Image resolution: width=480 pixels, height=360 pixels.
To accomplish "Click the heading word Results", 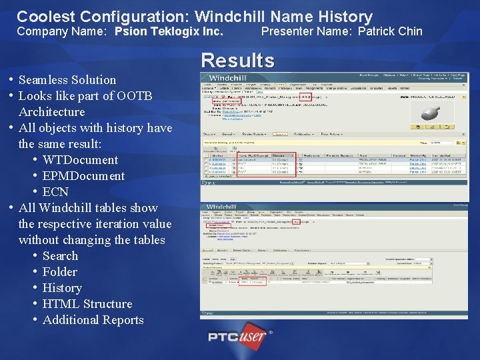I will (237, 61).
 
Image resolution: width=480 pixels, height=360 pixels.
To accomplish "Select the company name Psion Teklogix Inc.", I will (169, 31).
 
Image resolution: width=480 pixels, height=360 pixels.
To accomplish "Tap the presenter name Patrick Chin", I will (390, 31).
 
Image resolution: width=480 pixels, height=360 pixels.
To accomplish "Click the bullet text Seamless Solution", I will (67, 79).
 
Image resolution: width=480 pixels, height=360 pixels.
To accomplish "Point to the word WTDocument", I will (80, 160).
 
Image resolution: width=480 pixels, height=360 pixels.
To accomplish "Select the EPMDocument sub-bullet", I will (83, 176).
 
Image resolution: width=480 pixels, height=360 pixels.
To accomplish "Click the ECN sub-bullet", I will (55, 192).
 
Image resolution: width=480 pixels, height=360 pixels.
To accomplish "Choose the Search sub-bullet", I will (60, 256).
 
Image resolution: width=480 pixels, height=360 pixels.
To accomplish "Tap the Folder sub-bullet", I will (59, 272).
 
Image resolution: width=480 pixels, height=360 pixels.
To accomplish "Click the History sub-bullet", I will (61, 288).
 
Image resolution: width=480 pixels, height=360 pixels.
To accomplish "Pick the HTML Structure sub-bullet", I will (87, 304).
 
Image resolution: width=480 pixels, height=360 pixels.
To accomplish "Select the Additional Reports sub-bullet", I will (93, 320).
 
